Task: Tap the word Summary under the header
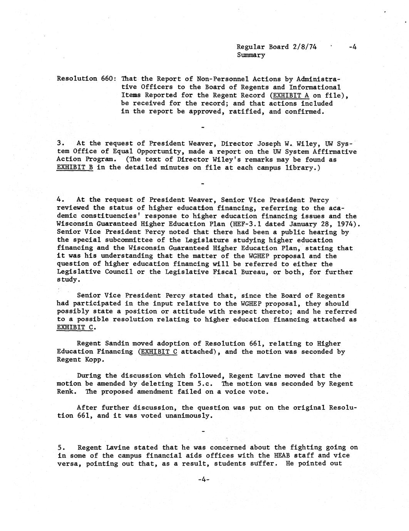251,55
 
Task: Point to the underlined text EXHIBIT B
75,167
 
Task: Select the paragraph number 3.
60,144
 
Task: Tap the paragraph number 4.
60,200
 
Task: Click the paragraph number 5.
60,448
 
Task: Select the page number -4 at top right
352,47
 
